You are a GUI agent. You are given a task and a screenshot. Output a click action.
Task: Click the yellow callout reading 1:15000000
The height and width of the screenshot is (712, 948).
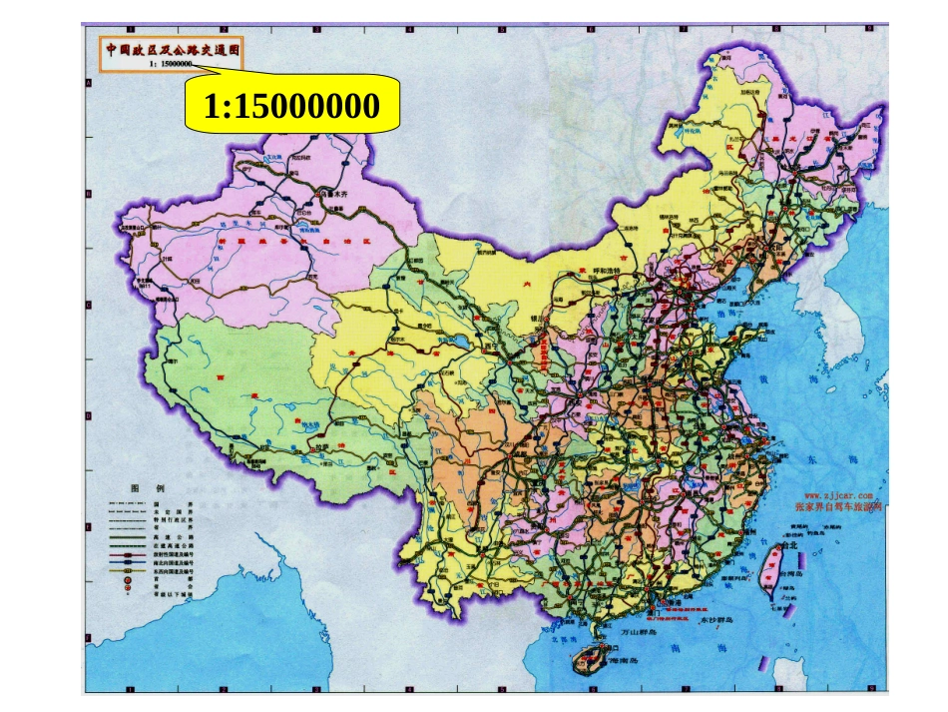pos(290,105)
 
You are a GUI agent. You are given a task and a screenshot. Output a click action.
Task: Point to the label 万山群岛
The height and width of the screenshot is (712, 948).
pos(638,633)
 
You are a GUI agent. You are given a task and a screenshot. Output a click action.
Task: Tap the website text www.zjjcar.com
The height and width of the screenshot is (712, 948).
pos(839,494)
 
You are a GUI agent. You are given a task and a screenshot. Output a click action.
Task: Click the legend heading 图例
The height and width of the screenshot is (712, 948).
pos(147,488)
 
